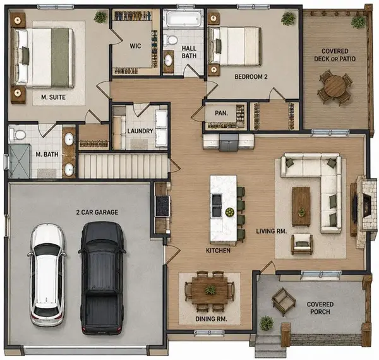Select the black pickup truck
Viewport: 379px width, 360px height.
pyautogui.click(x=102, y=278)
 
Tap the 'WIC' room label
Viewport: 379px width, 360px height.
pyautogui.click(x=135, y=46)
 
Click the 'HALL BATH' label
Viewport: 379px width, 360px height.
pyautogui.click(x=189, y=52)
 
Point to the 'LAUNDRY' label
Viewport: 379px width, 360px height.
pyautogui.click(x=140, y=131)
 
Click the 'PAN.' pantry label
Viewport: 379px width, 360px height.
pyautogui.click(x=222, y=113)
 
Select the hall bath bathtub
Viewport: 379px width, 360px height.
pyautogui.click(x=183, y=18)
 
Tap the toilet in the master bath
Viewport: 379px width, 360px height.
pyautogui.click(x=18, y=135)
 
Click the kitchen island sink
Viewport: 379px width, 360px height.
pyautogui.click(x=216, y=205)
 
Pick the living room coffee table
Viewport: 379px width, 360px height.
pyautogui.click(x=301, y=207)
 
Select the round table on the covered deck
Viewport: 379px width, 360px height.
pyautogui.click(x=335, y=87)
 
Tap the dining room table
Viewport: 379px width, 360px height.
pyautogui.click(x=210, y=291)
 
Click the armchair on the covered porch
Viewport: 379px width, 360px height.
pyautogui.click(x=283, y=301)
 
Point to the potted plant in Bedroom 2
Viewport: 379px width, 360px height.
pyautogui.click(x=288, y=18)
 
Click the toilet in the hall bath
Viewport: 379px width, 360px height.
pyautogui.click(x=171, y=40)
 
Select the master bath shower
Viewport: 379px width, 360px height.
pyautogui.click(x=19, y=160)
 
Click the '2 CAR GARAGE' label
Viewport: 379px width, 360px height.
pyautogui.click(x=97, y=212)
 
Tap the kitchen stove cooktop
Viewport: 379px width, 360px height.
pyautogui.click(x=162, y=206)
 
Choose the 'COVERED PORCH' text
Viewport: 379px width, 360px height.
pyautogui.click(x=320, y=308)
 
